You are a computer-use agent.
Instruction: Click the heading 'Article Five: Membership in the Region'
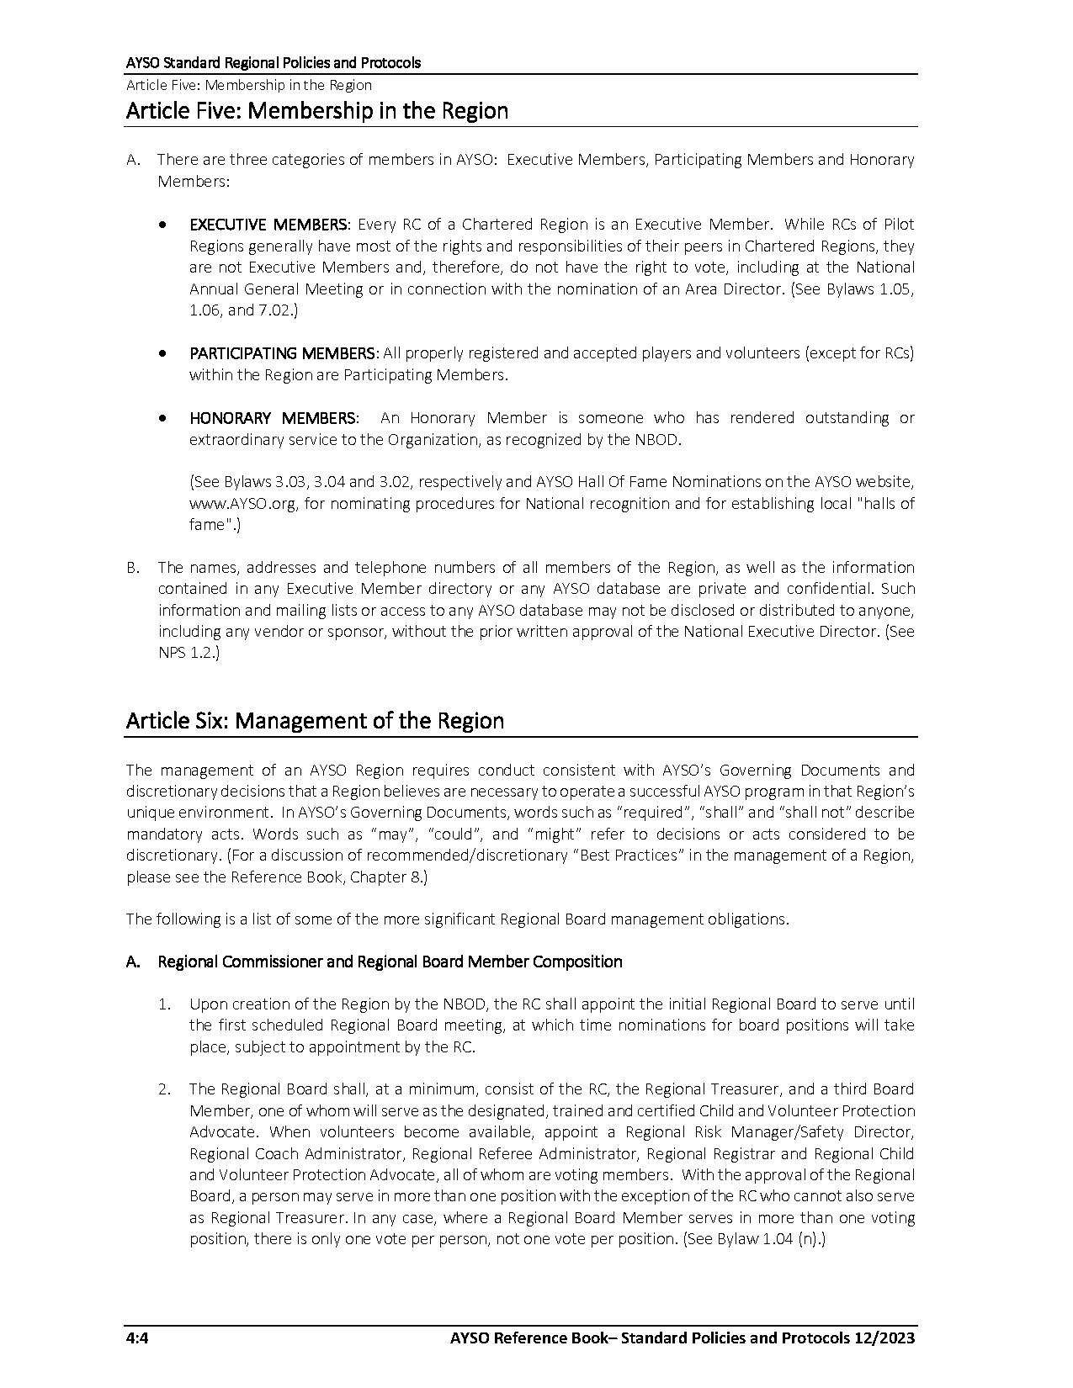coord(316,111)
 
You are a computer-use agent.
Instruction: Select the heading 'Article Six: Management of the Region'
coord(315,721)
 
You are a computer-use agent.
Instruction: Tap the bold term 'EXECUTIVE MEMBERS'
coord(268,225)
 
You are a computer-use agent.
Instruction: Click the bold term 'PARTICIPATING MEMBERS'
coord(283,353)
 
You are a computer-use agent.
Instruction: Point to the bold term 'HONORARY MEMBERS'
coord(273,418)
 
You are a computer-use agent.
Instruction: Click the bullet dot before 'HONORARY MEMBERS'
coord(162,418)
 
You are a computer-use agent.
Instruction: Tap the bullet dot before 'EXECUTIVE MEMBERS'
coord(162,225)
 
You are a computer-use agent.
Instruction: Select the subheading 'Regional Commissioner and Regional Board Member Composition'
coord(390,962)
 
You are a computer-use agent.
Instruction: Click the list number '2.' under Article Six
coord(165,1089)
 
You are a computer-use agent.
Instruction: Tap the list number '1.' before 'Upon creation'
coord(165,1004)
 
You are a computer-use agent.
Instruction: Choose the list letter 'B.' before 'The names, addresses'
coord(133,568)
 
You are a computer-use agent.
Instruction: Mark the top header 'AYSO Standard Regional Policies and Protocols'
coord(273,63)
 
